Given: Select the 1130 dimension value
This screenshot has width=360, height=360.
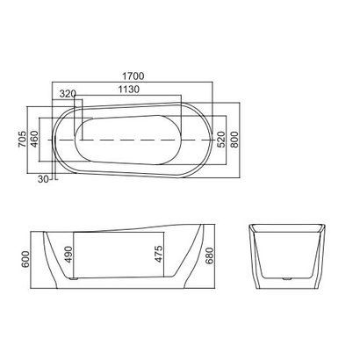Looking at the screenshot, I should [128, 90].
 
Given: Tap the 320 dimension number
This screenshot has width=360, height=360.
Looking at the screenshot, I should [68, 92].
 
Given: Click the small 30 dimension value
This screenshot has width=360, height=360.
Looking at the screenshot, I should [42, 180].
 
